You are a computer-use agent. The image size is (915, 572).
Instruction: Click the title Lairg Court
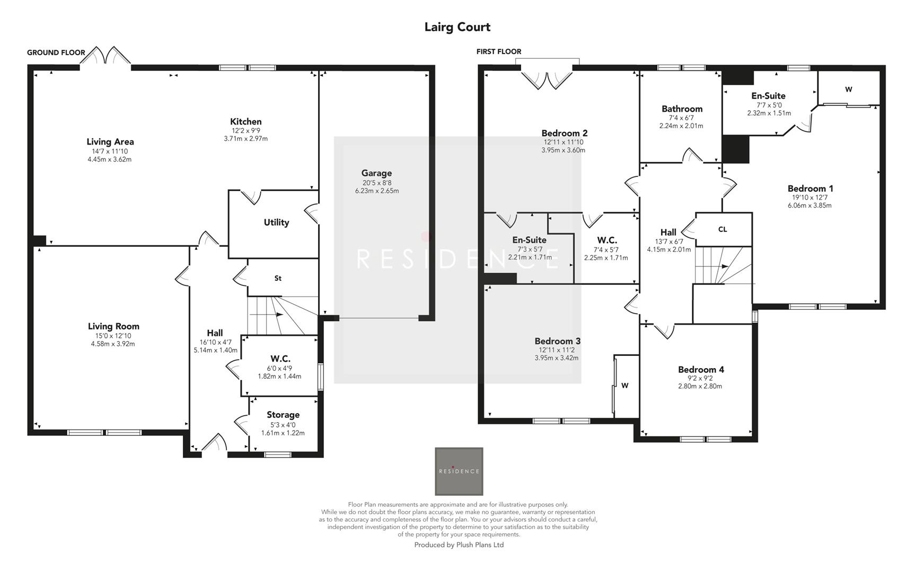pyautogui.click(x=457, y=27)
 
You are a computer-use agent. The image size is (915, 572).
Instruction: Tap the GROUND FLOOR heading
pyautogui.click(x=56, y=52)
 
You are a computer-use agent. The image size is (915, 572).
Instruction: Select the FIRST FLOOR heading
pyautogui.click(x=498, y=51)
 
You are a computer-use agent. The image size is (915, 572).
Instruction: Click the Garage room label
pyautogui.click(x=376, y=173)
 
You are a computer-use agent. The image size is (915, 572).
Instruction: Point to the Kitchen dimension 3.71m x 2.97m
pyautogui.click(x=245, y=139)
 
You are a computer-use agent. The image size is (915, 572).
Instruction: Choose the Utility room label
pyautogui.click(x=276, y=222)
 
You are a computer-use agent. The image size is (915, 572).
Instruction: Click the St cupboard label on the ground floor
pyautogui.click(x=278, y=278)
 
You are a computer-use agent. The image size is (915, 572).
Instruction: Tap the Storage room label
pyautogui.click(x=283, y=415)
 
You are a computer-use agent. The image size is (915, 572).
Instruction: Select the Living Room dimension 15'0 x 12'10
pyautogui.click(x=113, y=336)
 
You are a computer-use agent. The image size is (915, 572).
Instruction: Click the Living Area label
pyautogui.click(x=110, y=141)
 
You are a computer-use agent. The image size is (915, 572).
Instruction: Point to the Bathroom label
pyautogui.click(x=682, y=109)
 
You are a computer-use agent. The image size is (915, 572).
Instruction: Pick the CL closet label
pyautogui.click(x=722, y=229)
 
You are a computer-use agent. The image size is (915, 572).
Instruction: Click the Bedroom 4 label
pyautogui.click(x=701, y=370)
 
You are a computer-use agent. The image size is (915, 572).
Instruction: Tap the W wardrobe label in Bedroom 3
pyautogui.click(x=625, y=386)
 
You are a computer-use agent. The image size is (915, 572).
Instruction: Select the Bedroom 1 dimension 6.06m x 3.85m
pyautogui.click(x=810, y=205)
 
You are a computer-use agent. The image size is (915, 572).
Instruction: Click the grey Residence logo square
pyautogui.click(x=459, y=471)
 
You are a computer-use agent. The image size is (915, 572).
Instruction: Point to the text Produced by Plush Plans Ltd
pyautogui.click(x=459, y=544)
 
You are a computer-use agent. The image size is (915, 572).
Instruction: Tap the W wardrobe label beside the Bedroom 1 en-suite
pyautogui.click(x=848, y=90)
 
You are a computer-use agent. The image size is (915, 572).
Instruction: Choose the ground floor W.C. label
pyautogui.click(x=280, y=359)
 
